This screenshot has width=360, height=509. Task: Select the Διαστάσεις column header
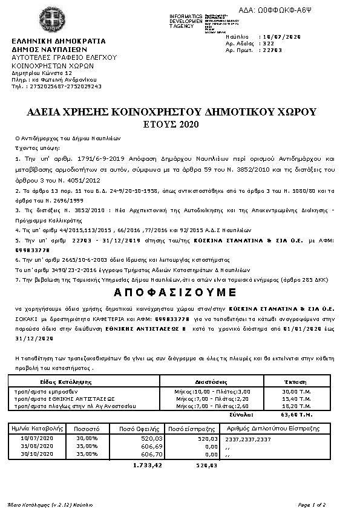(211, 383)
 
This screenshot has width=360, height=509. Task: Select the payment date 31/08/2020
(38, 446)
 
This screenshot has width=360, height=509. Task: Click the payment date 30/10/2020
(38, 453)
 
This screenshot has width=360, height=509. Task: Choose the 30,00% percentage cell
(87, 438)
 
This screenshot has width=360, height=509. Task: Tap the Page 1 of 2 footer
(312, 504)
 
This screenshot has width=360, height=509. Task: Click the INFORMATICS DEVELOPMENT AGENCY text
(186, 21)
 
